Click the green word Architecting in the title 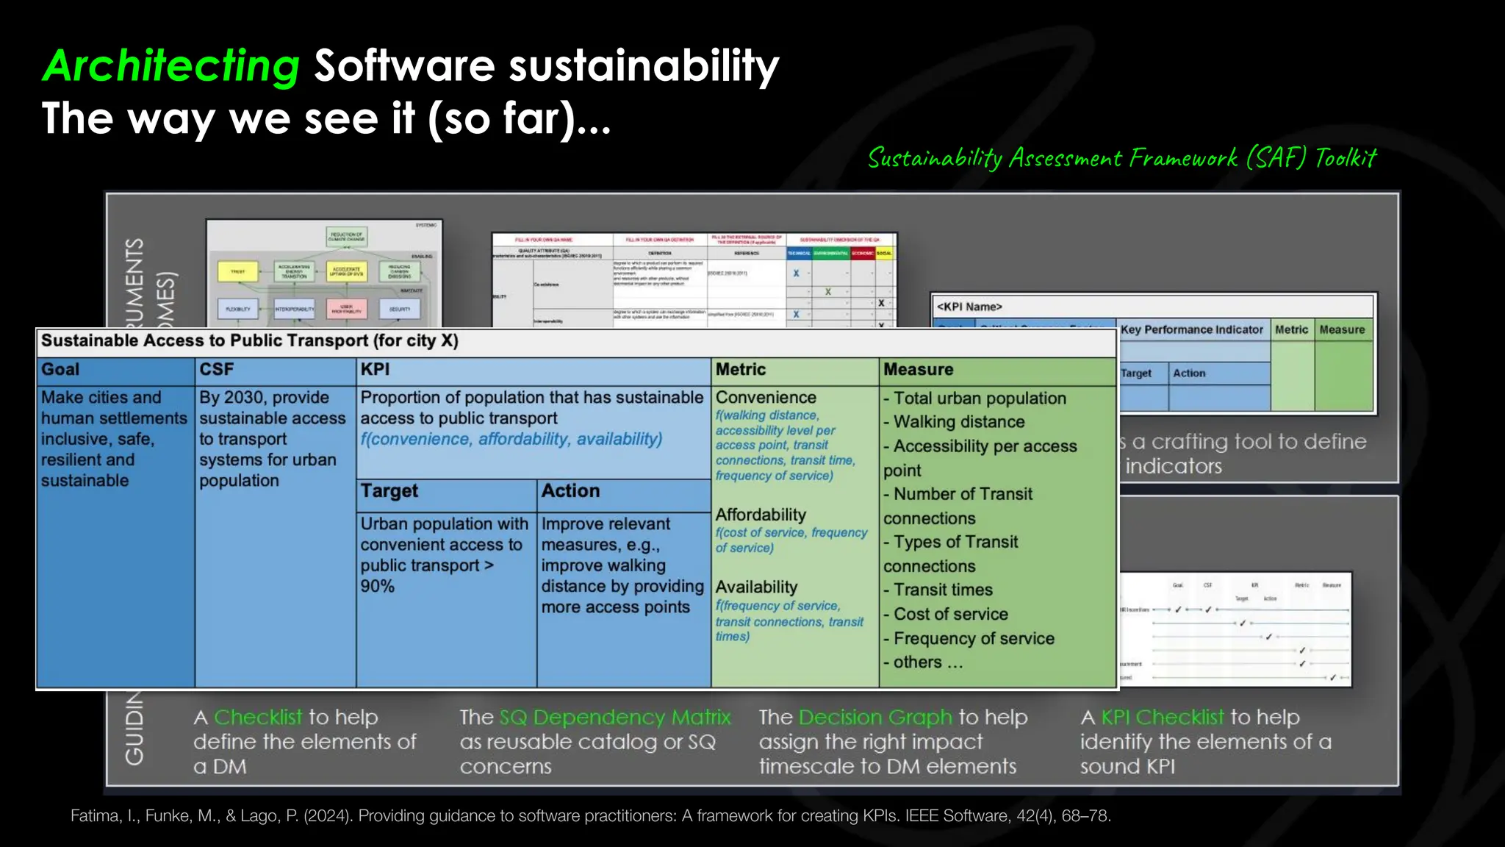point(171,66)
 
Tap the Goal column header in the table point(60,370)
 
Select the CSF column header point(216,370)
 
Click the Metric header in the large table point(741,370)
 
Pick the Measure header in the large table point(918,370)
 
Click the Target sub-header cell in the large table point(389,491)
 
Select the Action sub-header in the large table point(570,491)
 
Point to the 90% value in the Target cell point(378,587)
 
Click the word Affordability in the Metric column point(761,515)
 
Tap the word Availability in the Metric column point(756,587)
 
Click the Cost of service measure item point(951,614)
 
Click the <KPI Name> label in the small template point(969,307)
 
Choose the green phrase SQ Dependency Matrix point(615,717)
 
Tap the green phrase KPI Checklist point(1163,717)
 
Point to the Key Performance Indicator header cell point(1191,329)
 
